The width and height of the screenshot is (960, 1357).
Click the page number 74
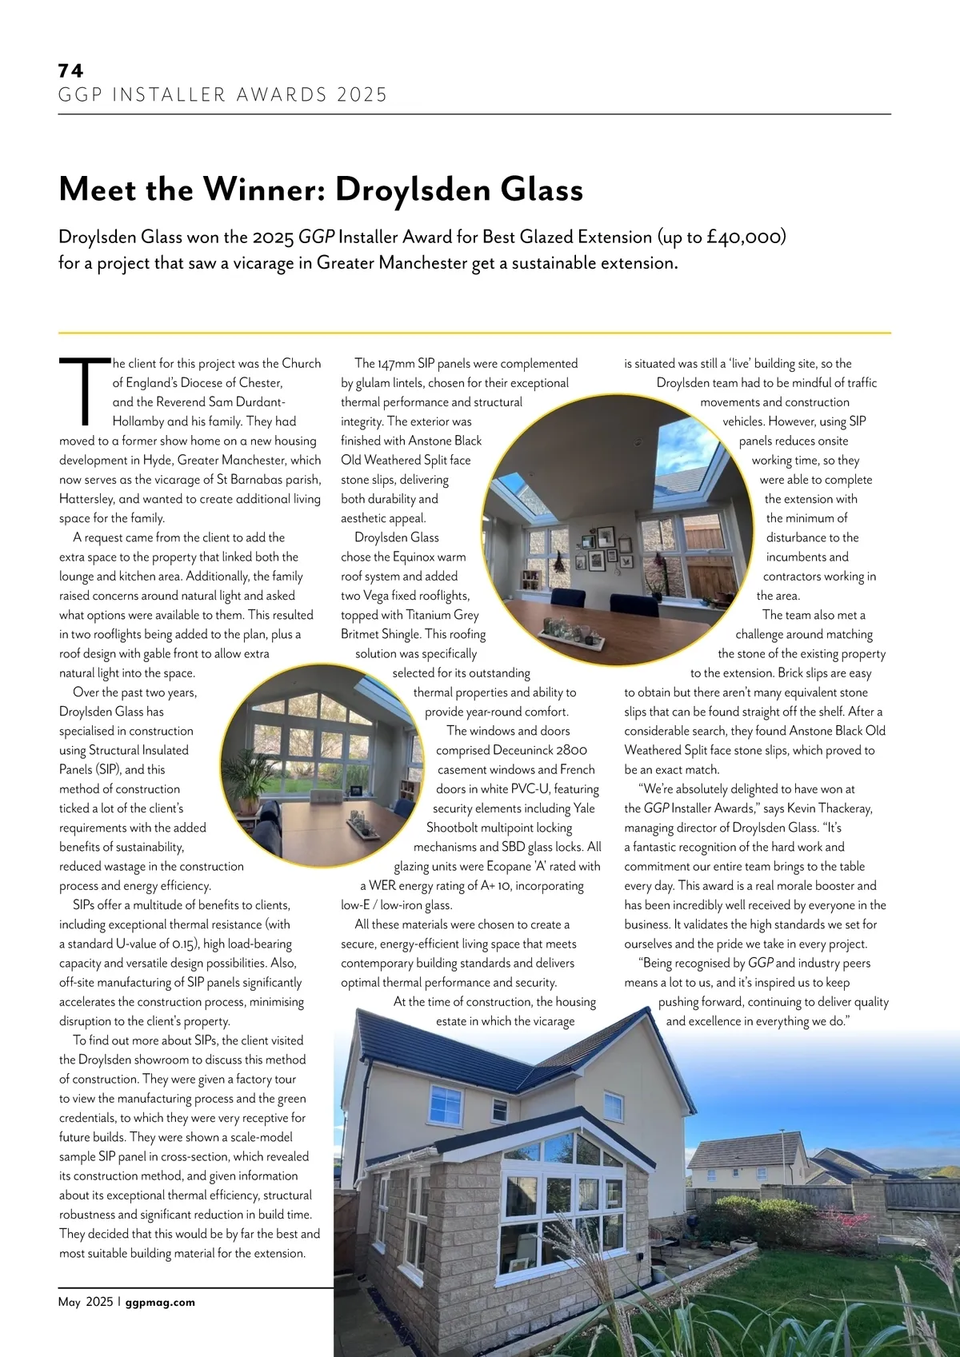pyautogui.click(x=70, y=70)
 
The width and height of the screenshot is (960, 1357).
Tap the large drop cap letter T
pyautogui.click(x=85, y=391)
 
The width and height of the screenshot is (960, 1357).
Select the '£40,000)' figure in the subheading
pyautogui.click(x=746, y=237)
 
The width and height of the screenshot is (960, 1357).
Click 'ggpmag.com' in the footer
pyautogui.click(x=160, y=1302)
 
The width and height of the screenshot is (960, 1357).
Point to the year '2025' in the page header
pyautogui.click(x=362, y=95)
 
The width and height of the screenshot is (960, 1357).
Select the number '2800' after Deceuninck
pyautogui.click(x=571, y=750)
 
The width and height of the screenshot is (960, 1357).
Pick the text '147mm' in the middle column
pyautogui.click(x=396, y=363)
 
